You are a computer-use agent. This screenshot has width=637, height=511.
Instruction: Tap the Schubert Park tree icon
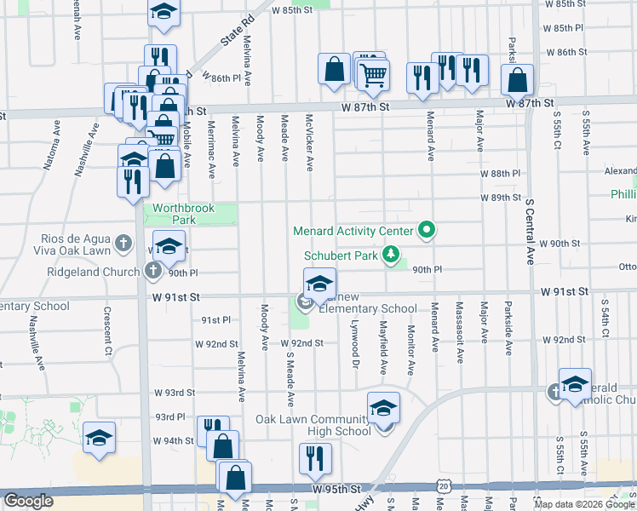pos(391,254)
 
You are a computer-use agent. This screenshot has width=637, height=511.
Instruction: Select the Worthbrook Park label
pos(181,214)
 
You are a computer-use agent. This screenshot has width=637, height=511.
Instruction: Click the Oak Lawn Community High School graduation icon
pos(383,409)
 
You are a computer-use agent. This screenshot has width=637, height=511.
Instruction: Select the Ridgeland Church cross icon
pos(153,272)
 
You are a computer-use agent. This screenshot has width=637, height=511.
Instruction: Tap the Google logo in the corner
pos(28,501)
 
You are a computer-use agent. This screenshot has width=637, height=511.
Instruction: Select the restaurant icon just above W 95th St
pos(315,460)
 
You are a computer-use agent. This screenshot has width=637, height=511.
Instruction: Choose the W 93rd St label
pos(175,393)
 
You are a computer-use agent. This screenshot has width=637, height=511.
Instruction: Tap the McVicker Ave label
pos(310,141)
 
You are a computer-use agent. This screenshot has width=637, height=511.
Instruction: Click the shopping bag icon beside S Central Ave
pos(517,81)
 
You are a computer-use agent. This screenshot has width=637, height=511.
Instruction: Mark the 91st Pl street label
pos(215,320)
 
